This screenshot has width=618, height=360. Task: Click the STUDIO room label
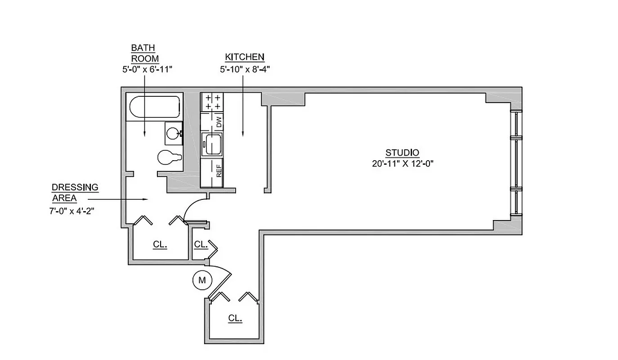403,152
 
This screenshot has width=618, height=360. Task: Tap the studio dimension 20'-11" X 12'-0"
403,163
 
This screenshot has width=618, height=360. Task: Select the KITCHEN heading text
244,57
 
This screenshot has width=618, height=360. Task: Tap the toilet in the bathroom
169,157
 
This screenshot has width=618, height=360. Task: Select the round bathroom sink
173,133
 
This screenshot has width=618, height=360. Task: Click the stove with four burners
212,102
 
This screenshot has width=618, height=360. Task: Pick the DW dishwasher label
219,122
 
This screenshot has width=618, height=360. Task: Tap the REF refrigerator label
219,171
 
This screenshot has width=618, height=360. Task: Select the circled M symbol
202,280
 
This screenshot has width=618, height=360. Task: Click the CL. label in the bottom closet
235,318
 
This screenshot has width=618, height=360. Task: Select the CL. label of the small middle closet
201,244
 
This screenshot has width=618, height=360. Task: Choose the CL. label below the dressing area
160,245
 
